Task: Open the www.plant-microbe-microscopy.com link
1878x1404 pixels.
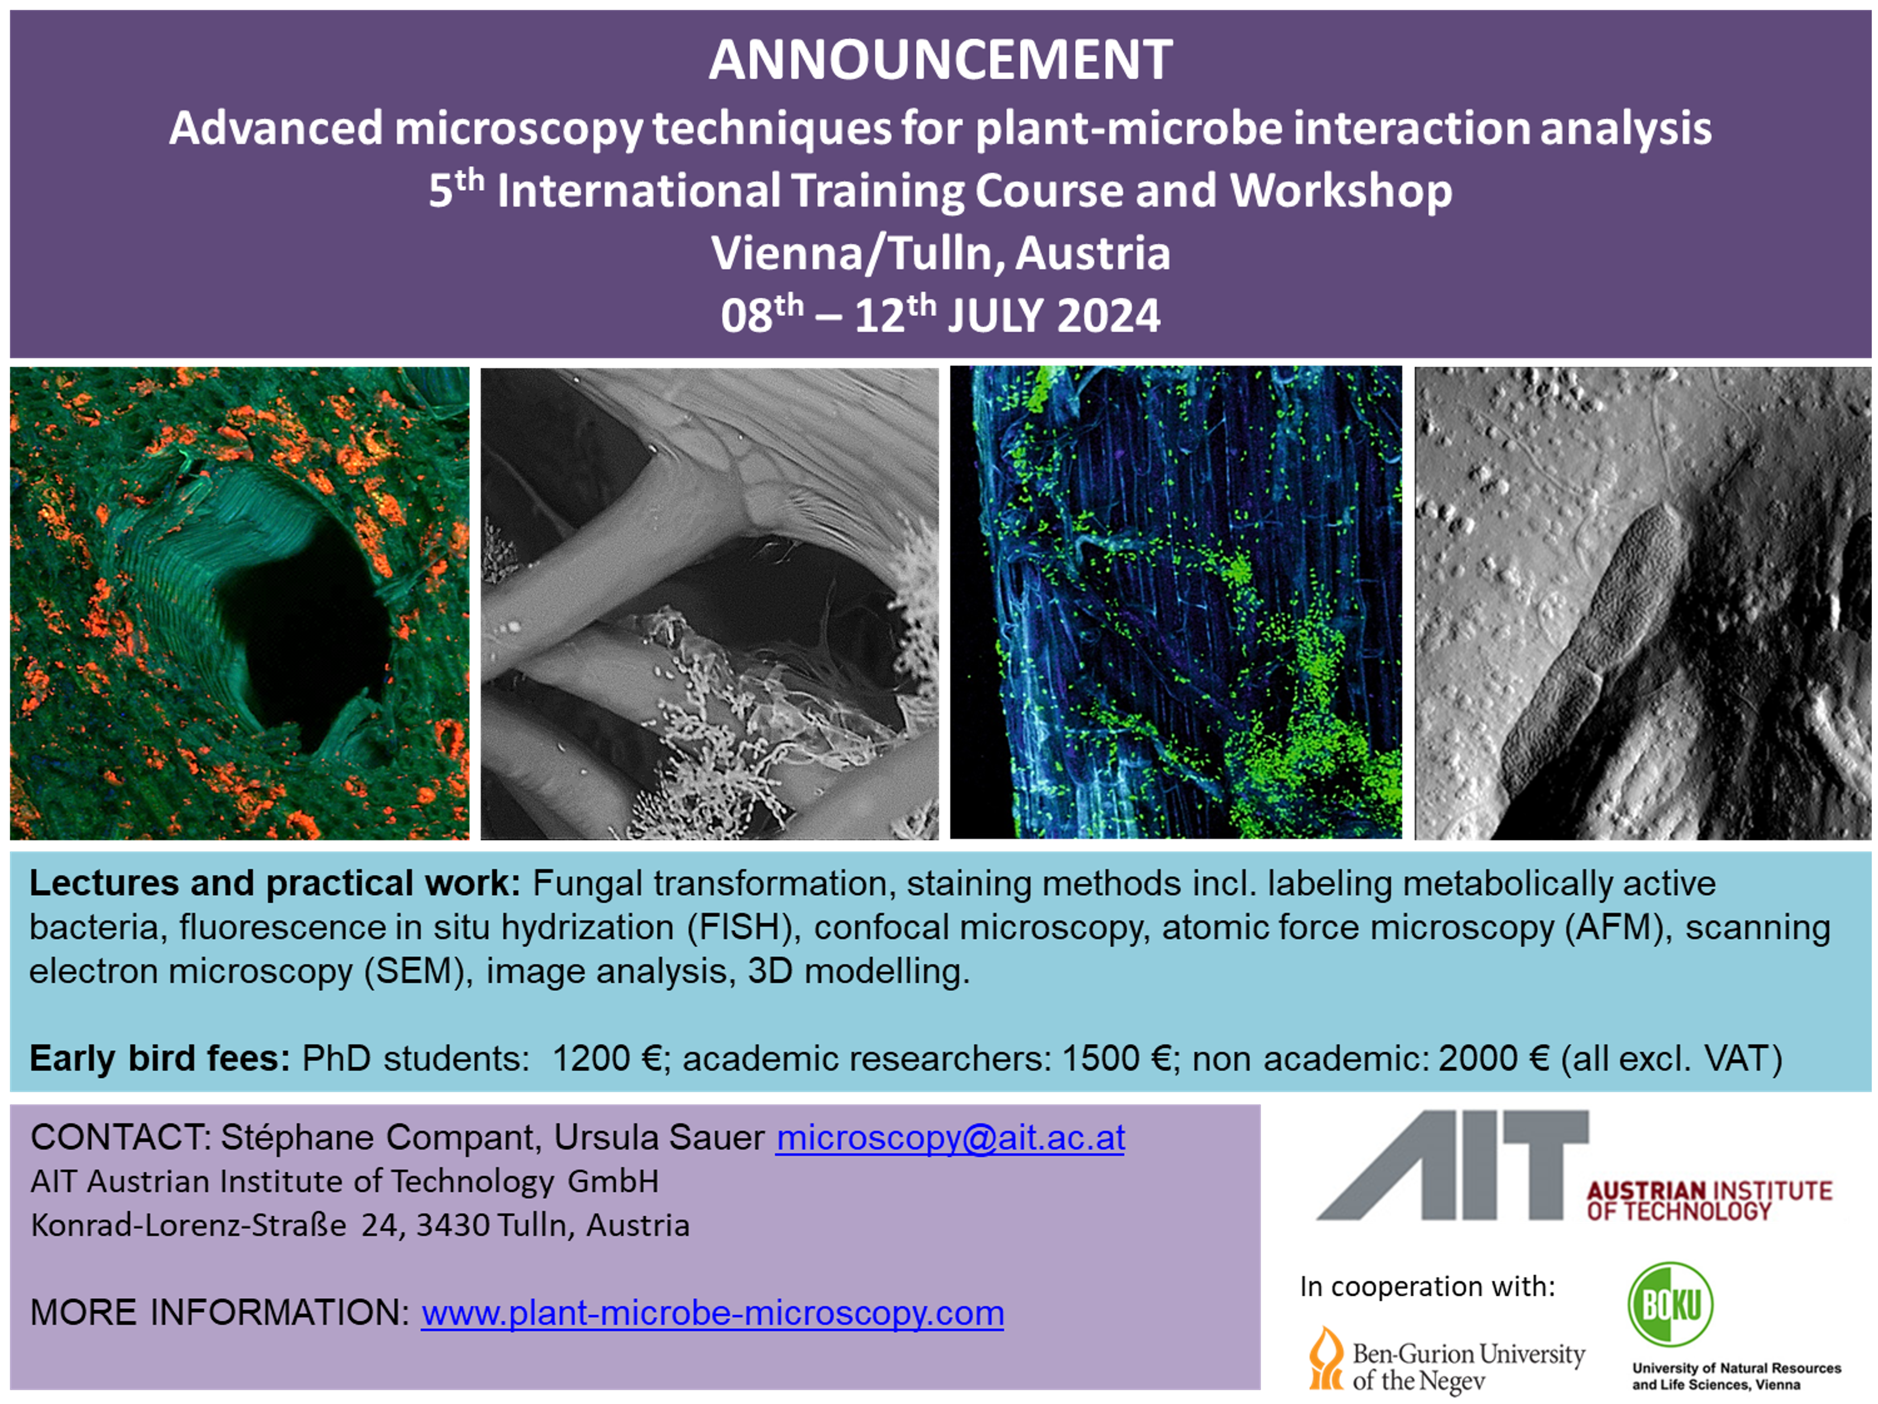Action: [713, 1313]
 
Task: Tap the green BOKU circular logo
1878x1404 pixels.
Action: [1670, 1304]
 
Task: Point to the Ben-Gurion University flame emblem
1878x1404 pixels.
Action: [1326, 1357]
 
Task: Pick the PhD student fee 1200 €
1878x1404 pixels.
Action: [606, 1059]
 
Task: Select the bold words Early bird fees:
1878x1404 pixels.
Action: [159, 1059]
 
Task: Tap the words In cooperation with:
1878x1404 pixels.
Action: [1428, 1286]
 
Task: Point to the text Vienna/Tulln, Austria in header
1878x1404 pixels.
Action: [941, 253]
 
